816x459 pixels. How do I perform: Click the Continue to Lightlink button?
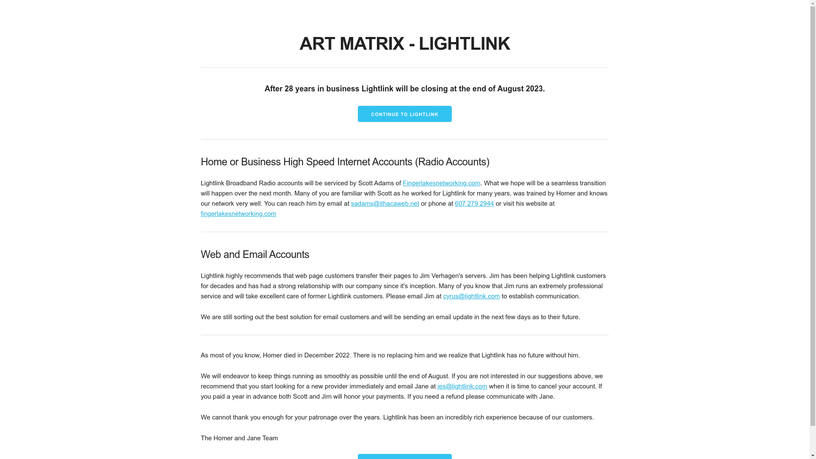point(404,114)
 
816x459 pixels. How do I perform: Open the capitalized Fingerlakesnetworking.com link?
point(441,183)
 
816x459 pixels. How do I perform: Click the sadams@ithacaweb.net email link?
point(385,204)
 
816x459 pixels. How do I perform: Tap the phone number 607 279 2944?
point(474,204)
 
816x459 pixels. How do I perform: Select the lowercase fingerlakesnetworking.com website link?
point(238,214)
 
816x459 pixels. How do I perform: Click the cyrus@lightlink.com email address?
point(471,296)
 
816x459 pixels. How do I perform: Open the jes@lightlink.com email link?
point(462,386)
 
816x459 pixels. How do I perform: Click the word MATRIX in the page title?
point(372,44)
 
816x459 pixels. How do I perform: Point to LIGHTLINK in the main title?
point(464,44)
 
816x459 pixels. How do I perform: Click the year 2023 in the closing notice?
point(534,89)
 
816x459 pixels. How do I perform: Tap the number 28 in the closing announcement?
point(289,89)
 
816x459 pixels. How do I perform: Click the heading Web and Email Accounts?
point(255,255)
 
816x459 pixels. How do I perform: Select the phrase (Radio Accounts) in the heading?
point(452,162)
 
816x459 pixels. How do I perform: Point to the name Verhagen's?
point(462,276)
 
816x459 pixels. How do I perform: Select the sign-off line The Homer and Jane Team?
point(239,438)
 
